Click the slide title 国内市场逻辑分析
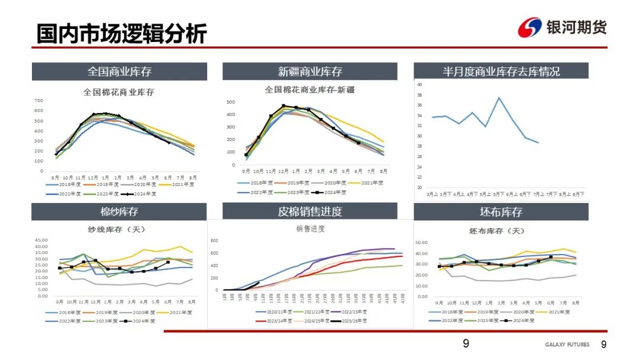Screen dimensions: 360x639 121,33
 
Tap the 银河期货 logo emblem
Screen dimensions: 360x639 530,28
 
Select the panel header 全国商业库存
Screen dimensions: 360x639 120,72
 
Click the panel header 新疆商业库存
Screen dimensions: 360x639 310,72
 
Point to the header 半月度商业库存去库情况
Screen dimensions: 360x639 501,72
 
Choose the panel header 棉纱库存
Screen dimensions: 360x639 120,212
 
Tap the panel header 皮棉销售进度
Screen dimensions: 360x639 310,212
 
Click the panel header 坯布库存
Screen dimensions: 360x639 501,212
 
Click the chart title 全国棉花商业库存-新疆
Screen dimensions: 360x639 309,90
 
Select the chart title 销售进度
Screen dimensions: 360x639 311,229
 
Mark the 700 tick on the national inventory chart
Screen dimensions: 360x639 38,101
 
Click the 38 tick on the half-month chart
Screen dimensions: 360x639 419,95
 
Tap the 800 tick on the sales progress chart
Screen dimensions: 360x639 214,241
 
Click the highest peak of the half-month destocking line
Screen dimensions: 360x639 499,98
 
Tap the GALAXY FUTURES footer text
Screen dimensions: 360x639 567,345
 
